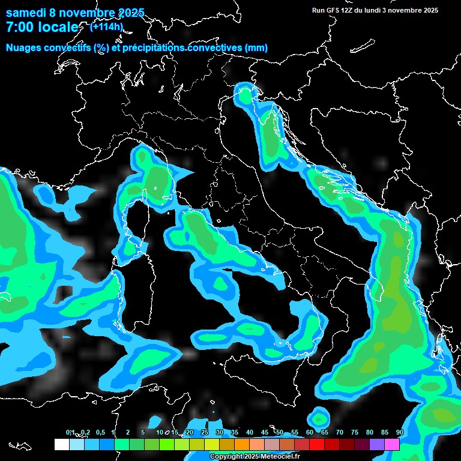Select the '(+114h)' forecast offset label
(x=106, y=26)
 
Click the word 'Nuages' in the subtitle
(x=23, y=47)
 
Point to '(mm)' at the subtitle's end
(x=256, y=47)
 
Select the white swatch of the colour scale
(x=61, y=444)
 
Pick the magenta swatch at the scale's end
(x=392, y=444)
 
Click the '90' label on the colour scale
(x=399, y=432)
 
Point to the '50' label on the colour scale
(x=280, y=432)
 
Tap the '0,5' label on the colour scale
(x=100, y=432)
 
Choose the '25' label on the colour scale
(x=204, y=432)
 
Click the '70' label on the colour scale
(x=340, y=432)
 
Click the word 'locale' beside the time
(x=58, y=27)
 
